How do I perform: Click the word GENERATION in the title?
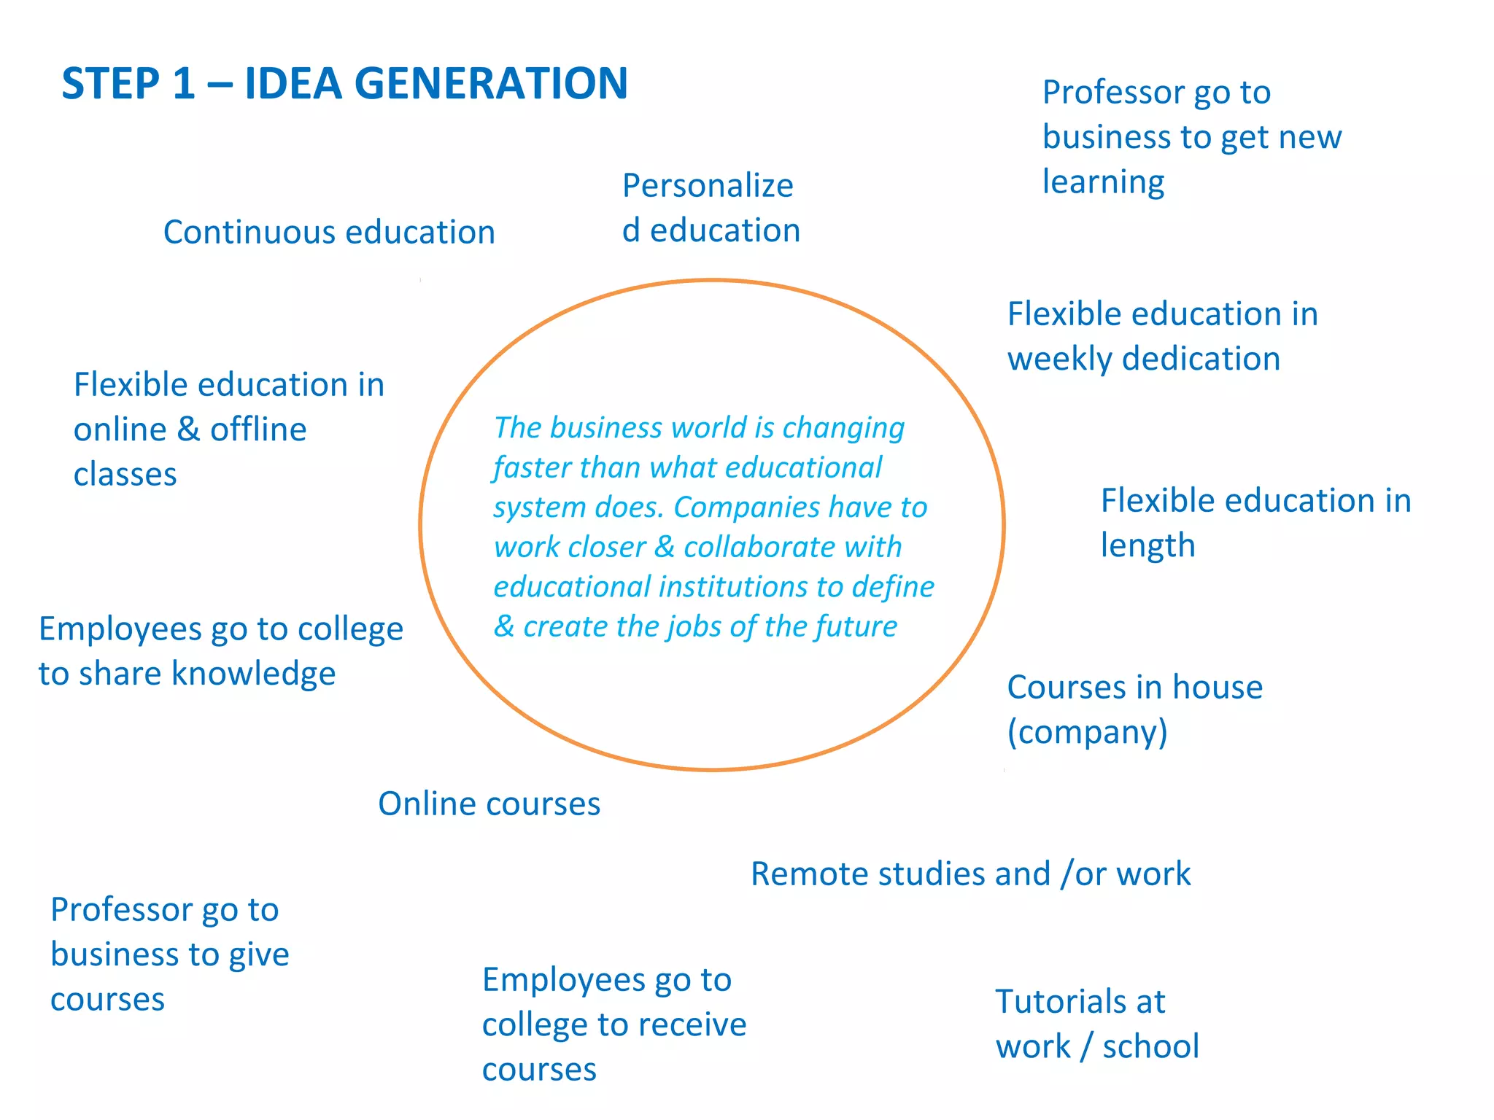(x=490, y=83)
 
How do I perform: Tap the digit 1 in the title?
(x=184, y=83)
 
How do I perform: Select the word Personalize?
(x=707, y=186)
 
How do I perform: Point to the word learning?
(x=1102, y=182)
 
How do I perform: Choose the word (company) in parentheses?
(x=1087, y=732)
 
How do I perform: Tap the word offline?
(x=258, y=430)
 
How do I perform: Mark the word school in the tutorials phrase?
(x=1150, y=1047)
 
